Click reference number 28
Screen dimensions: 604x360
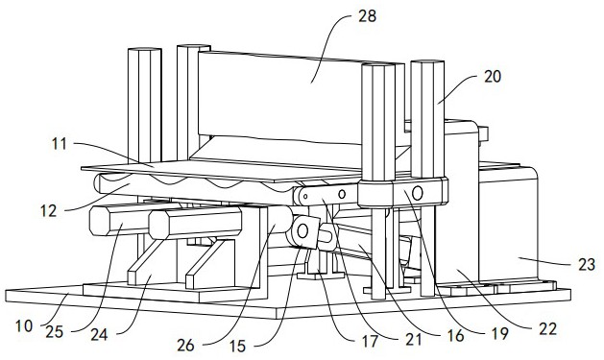(367, 16)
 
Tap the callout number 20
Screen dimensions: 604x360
(493, 77)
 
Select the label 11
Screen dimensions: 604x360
(59, 144)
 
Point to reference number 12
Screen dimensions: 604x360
(49, 210)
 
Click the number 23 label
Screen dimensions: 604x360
(587, 265)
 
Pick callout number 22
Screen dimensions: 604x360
(547, 329)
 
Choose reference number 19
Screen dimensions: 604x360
(499, 334)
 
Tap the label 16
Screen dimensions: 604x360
(456, 336)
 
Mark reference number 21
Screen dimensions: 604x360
(413, 339)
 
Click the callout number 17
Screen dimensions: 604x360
(371, 341)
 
